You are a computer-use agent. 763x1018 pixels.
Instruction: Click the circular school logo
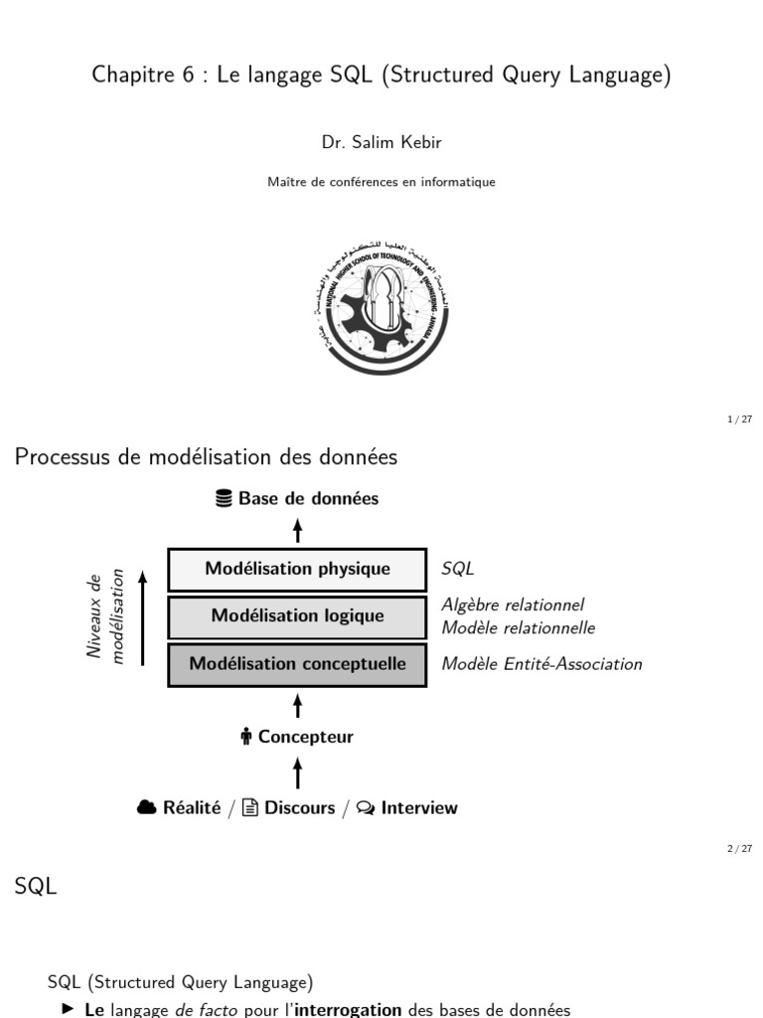pos(381,308)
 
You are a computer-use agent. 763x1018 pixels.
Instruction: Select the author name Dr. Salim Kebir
pos(381,143)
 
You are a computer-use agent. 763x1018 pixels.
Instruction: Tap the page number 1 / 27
pos(739,420)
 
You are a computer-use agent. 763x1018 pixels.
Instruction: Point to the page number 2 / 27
pos(739,848)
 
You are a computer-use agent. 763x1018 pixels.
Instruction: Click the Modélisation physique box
pos(297,570)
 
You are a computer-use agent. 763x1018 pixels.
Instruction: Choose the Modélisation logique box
pos(297,616)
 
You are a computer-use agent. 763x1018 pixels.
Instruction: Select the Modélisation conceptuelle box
pos(297,664)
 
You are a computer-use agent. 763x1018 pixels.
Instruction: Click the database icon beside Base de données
pos(225,499)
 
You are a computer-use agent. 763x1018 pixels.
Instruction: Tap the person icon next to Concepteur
pos(246,738)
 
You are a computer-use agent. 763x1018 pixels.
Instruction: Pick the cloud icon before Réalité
pos(147,808)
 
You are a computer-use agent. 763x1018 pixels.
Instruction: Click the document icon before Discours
pos(250,808)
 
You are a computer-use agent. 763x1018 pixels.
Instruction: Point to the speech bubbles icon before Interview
pos(366,808)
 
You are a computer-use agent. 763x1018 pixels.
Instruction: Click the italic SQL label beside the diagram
pos(458,570)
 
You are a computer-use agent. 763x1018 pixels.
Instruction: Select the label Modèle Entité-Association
pos(541,664)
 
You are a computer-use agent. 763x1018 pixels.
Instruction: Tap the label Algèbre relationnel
pos(513,604)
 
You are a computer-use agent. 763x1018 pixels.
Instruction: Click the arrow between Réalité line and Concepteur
pos(297,772)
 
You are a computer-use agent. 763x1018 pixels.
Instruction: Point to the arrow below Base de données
pos(297,529)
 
